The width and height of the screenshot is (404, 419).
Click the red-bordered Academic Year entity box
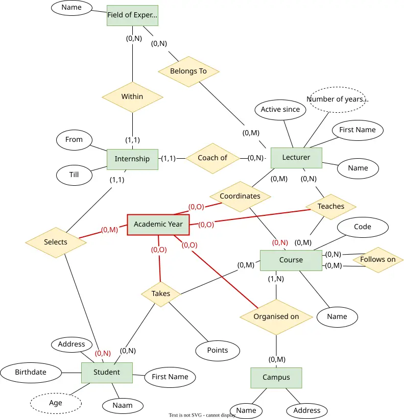pyautogui.click(x=158, y=225)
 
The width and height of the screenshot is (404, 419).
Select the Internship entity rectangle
pyautogui.click(x=132, y=159)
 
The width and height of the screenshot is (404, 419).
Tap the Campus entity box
pyautogui.click(x=276, y=378)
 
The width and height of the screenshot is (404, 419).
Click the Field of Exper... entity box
pyautogui.click(x=132, y=15)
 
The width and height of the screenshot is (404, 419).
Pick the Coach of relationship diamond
pyautogui.click(x=212, y=158)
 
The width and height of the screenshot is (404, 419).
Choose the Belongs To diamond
pyautogui.click(x=188, y=71)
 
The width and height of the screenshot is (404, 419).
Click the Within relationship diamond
pyautogui.click(x=132, y=97)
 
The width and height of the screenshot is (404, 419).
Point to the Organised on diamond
pyautogui.click(x=276, y=317)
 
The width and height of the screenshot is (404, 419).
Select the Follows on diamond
pyautogui.click(x=378, y=260)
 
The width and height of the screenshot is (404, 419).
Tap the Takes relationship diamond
pyautogui.click(x=161, y=294)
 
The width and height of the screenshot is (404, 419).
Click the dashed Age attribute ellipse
pyautogui.click(x=56, y=403)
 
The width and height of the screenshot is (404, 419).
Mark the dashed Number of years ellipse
pyautogui.click(x=337, y=100)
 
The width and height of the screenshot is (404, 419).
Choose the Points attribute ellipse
pyautogui.click(x=218, y=351)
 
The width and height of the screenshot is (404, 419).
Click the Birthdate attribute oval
pyautogui.click(x=31, y=373)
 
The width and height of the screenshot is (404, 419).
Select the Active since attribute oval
pyautogui.click(x=280, y=110)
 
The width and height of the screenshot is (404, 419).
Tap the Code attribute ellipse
pyautogui.click(x=363, y=227)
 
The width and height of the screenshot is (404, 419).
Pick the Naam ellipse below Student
pyautogui.click(x=123, y=406)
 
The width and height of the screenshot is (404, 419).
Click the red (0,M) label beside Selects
pyautogui.click(x=109, y=230)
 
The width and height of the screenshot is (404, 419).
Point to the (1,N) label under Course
pyautogui.click(x=276, y=279)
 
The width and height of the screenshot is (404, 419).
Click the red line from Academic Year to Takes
pyautogui.click(x=159, y=258)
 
